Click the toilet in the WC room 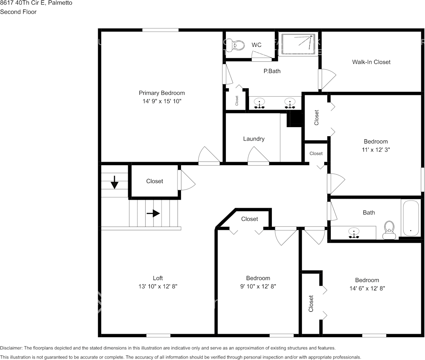point(238,45)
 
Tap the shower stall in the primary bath point(298,45)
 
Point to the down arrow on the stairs point(114,182)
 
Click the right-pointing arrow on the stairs point(153,213)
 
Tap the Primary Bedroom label point(162,93)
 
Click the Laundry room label point(254,139)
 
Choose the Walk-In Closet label point(371,62)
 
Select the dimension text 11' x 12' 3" point(376,150)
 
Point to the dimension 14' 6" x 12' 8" point(367,288)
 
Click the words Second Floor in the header point(18,12)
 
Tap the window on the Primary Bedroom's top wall point(160,30)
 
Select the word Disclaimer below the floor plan point(11,348)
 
